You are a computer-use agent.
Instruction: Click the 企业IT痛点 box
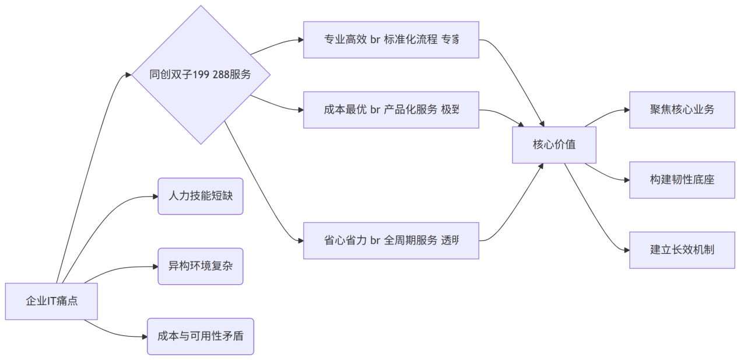(x=51, y=301)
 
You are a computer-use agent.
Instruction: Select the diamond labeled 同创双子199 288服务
(x=201, y=75)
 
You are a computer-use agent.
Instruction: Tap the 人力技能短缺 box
(x=200, y=196)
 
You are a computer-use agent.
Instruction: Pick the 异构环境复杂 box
(x=200, y=266)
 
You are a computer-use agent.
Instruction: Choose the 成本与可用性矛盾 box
(x=200, y=336)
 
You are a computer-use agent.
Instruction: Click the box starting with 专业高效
(x=391, y=40)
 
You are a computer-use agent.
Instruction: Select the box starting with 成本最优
(x=391, y=110)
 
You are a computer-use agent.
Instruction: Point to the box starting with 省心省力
(x=391, y=240)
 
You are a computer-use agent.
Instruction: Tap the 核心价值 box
(x=554, y=145)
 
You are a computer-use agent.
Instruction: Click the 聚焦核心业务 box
(x=682, y=110)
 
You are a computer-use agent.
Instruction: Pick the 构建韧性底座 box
(x=682, y=180)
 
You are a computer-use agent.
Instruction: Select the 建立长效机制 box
(x=682, y=250)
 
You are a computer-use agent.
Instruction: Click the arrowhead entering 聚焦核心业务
(x=626, y=110)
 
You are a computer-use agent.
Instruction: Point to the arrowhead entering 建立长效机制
(x=626, y=250)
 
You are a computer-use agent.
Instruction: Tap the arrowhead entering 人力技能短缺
(x=155, y=197)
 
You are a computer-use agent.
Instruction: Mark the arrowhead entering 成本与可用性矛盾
(x=144, y=336)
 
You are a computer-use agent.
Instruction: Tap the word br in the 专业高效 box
(x=375, y=40)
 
